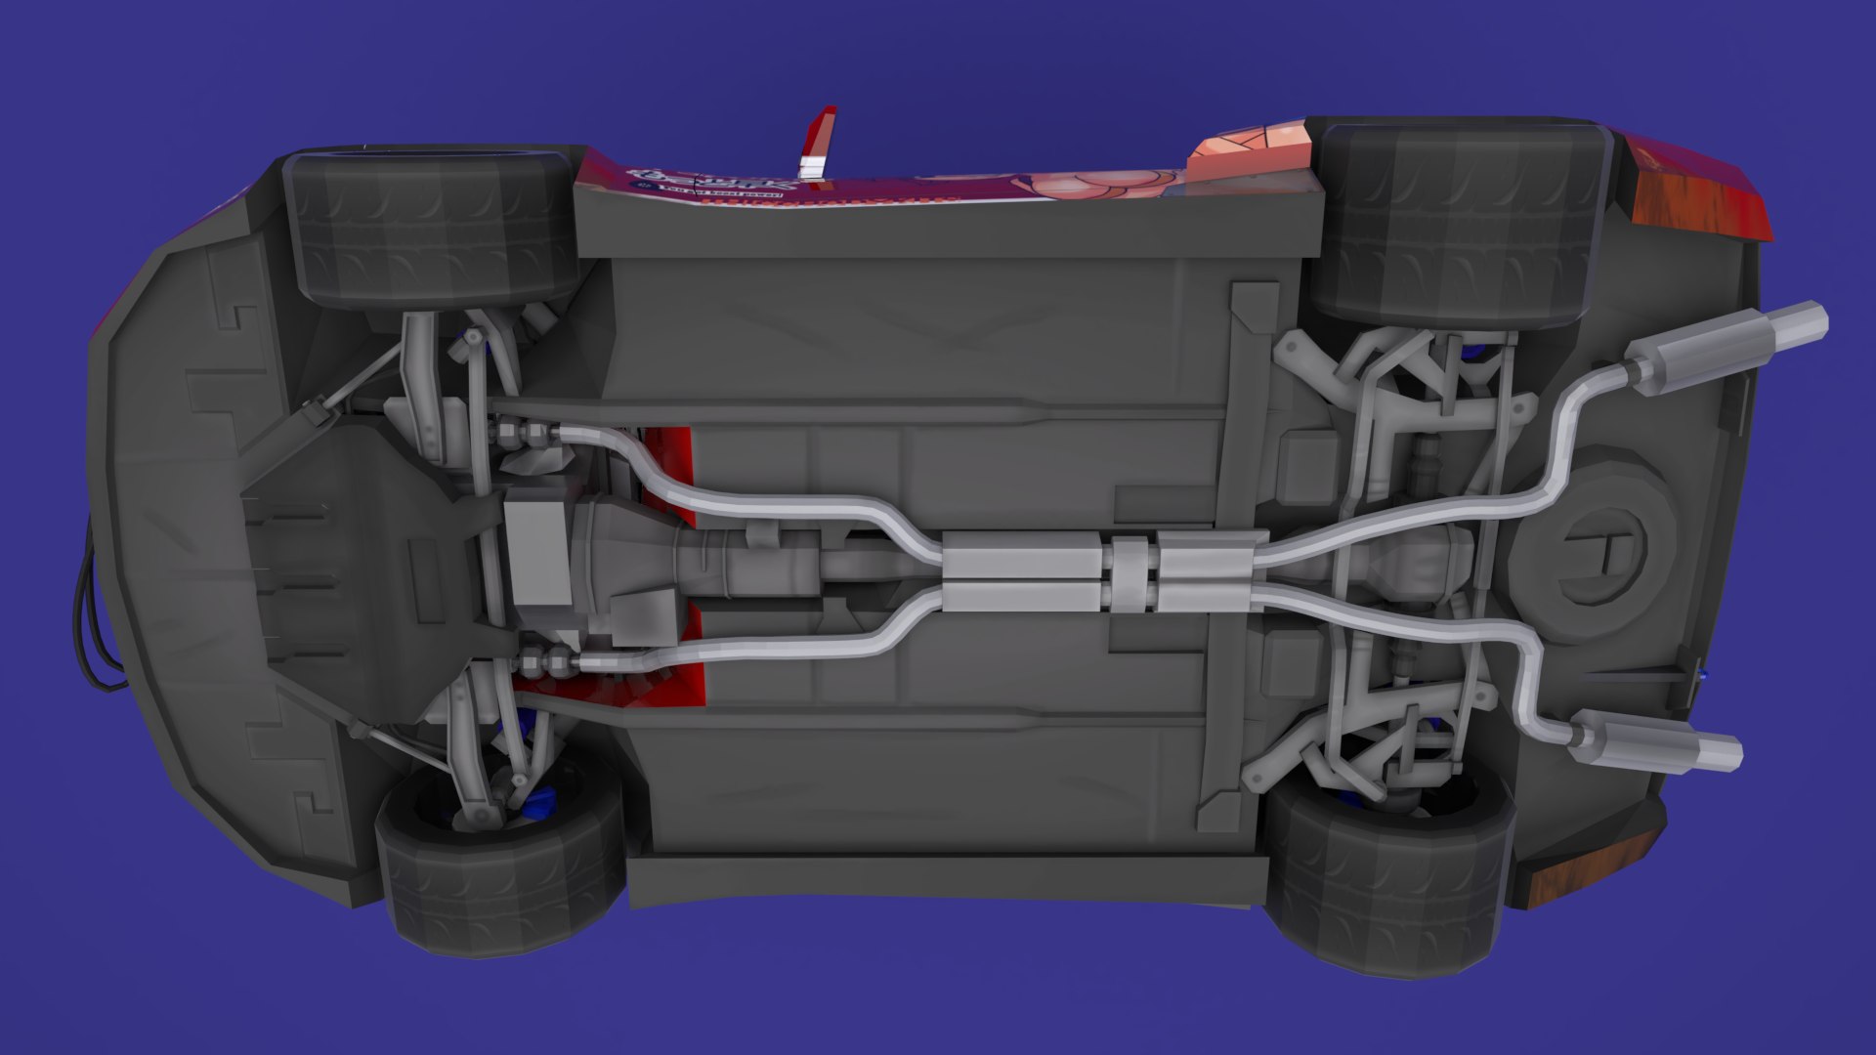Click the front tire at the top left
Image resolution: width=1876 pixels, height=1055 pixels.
pos(430,227)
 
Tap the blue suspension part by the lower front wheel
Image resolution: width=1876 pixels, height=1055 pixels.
pos(537,801)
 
